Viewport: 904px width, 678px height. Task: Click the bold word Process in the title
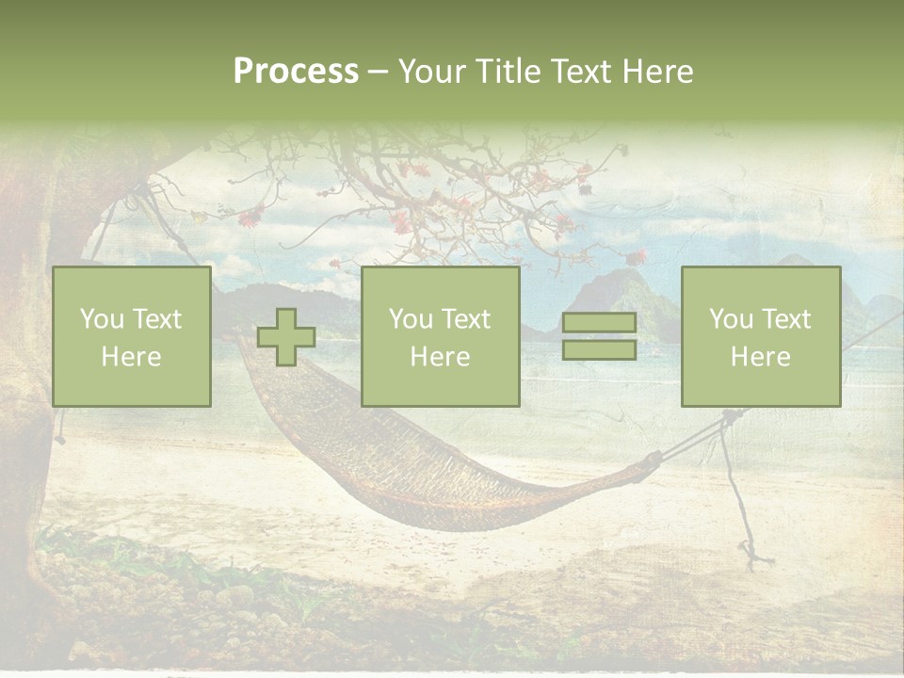[x=296, y=72]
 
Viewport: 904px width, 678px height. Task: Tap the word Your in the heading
[x=431, y=72]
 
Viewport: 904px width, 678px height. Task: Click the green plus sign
[x=286, y=337]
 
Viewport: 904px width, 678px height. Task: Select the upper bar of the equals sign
[x=599, y=323]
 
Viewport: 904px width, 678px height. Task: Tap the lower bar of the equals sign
[x=599, y=349]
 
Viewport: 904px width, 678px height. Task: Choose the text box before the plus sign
[x=132, y=336]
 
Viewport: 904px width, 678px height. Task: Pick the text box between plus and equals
[x=440, y=336]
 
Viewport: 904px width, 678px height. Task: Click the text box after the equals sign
[x=760, y=336]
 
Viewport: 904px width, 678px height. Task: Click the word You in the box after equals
[x=731, y=319]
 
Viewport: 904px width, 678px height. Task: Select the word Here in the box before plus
[x=132, y=357]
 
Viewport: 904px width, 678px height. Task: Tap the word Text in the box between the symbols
[x=465, y=319]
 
